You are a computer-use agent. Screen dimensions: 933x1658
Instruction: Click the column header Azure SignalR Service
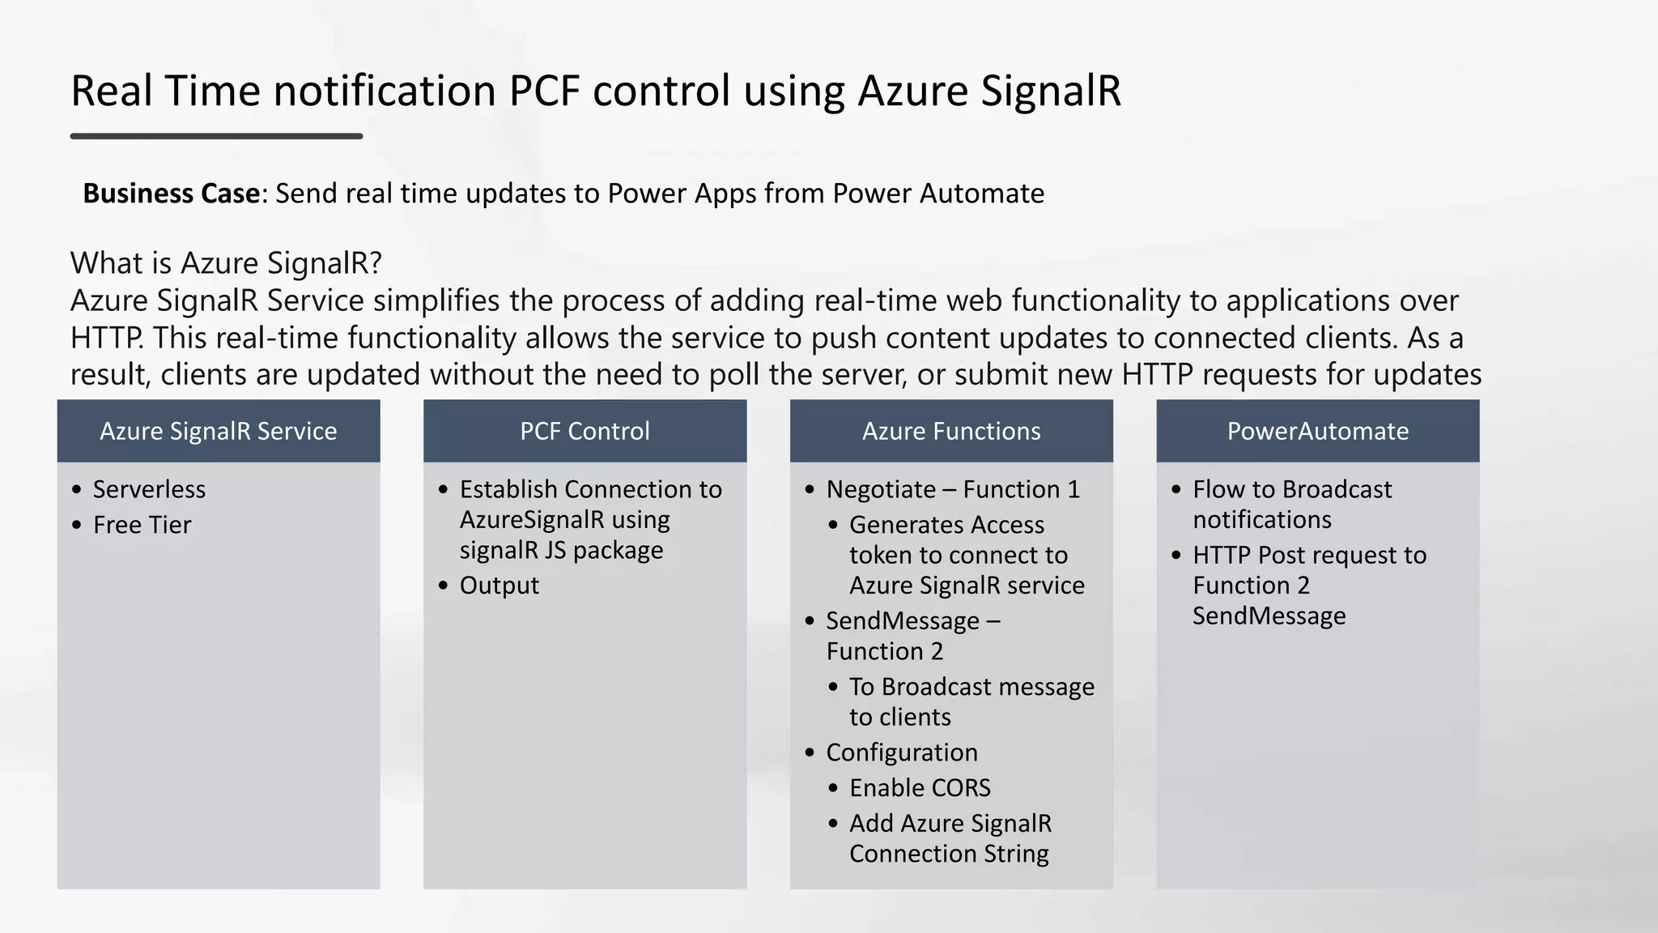click(x=218, y=431)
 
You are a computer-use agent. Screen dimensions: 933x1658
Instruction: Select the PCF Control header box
click(x=585, y=431)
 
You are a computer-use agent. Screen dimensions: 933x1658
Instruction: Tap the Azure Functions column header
click(x=951, y=431)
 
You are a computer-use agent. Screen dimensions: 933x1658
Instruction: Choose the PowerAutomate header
click(x=1317, y=431)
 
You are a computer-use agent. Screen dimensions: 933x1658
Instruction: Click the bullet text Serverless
click(x=149, y=489)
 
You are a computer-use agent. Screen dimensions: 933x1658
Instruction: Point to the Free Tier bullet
click(x=142, y=525)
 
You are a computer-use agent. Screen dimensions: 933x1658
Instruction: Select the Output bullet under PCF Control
click(x=499, y=586)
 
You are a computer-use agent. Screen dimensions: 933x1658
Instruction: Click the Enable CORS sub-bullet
click(x=920, y=788)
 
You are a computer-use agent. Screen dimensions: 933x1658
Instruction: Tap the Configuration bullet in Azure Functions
click(x=902, y=752)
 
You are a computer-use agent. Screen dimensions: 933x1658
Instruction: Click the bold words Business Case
click(x=171, y=194)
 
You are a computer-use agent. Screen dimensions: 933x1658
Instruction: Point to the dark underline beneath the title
click(x=216, y=136)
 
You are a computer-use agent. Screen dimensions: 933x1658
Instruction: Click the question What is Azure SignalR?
click(x=226, y=263)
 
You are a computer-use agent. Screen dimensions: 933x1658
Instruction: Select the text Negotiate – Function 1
click(x=953, y=489)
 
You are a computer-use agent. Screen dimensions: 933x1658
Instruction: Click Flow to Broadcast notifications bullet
click(x=1291, y=504)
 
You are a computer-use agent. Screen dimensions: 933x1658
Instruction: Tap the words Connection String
click(x=949, y=854)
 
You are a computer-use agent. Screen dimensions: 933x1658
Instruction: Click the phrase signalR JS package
click(x=561, y=550)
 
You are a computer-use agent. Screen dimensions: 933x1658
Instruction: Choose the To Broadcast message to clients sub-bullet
click(x=971, y=701)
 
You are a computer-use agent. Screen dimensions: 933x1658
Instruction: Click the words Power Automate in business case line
click(x=938, y=194)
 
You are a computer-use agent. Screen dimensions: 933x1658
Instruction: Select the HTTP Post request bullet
click(x=1309, y=556)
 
